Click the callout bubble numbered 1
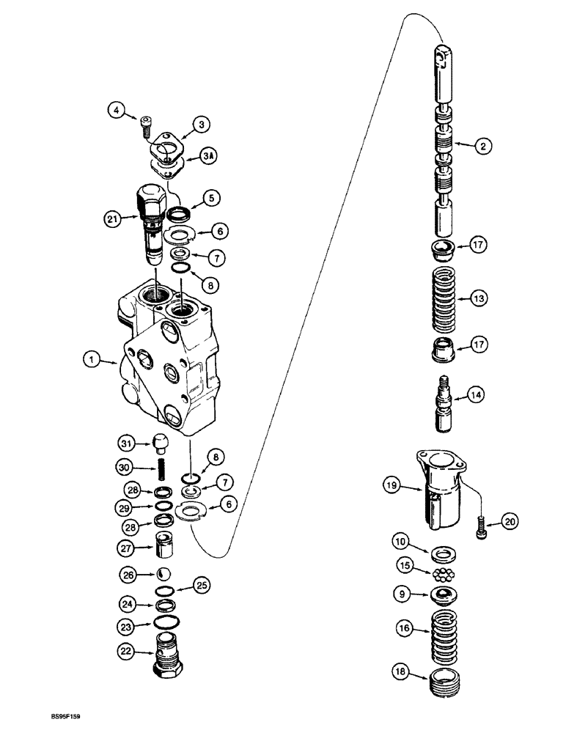click(x=91, y=360)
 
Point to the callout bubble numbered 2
click(x=482, y=147)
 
